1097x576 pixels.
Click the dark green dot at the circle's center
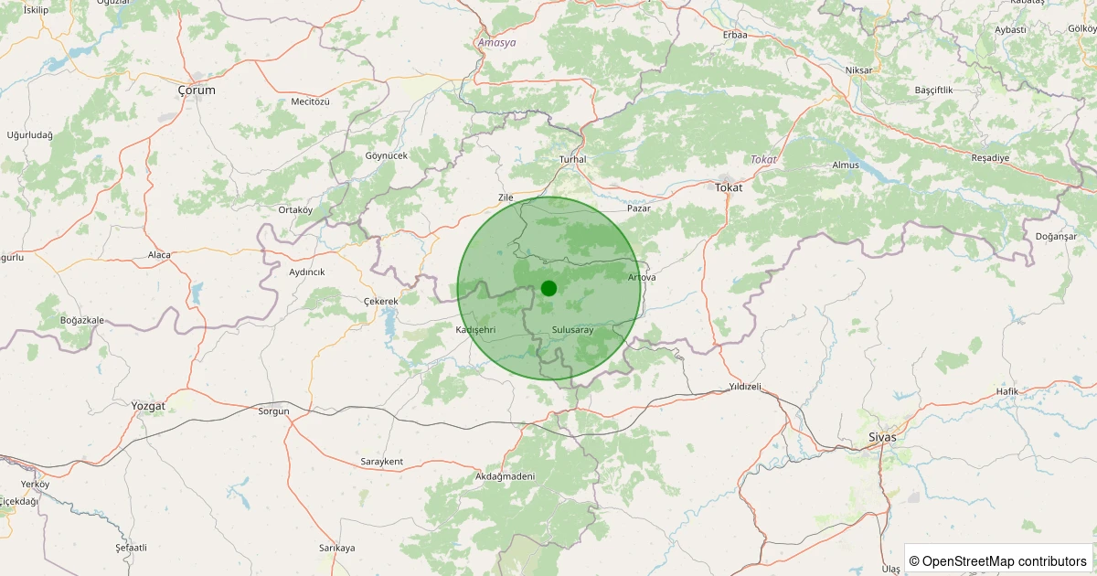[x=548, y=288]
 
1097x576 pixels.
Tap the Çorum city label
[x=197, y=91]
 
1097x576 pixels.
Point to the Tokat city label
[x=729, y=187]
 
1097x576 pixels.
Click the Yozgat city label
[x=148, y=405]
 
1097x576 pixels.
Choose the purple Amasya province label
[x=496, y=43]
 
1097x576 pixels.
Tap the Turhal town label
[x=572, y=160]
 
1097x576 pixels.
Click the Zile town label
[x=506, y=197]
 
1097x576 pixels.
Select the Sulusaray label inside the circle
[x=573, y=329]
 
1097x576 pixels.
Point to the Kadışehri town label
[x=474, y=329]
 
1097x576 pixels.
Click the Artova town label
[x=642, y=277]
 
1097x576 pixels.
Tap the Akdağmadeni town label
[x=505, y=477]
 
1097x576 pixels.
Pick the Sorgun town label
[x=273, y=411]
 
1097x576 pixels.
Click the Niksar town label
[x=859, y=70]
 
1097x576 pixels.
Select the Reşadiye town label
[x=990, y=157]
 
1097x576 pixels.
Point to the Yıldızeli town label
[x=745, y=387]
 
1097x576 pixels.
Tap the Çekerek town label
[x=381, y=302]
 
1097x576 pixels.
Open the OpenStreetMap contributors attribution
[x=998, y=560]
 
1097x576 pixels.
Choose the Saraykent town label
[x=382, y=462]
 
